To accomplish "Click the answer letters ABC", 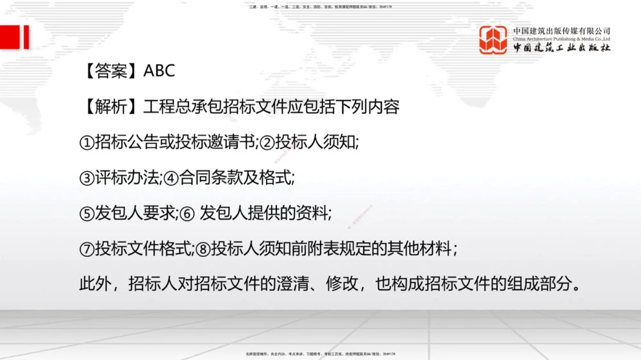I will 159,70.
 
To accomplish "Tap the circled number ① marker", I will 87,142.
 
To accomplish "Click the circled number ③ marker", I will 87,177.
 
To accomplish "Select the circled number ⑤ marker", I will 87,213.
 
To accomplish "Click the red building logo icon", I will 494,40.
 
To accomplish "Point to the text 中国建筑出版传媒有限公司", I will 562,30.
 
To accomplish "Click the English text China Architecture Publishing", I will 562,38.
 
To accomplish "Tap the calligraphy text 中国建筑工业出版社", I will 562,48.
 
